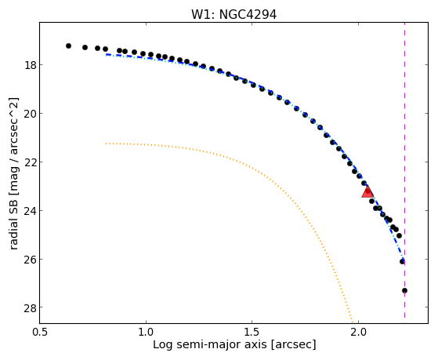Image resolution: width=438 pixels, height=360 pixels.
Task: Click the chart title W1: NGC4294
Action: (233, 15)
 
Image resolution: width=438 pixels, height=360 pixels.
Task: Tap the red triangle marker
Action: (367, 191)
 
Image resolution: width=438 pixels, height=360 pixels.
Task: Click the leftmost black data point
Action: (68, 45)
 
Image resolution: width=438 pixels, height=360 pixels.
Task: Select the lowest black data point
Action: (404, 291)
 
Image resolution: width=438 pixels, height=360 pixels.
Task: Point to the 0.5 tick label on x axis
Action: (40, 333)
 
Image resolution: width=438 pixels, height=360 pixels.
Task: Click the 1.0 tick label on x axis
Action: (146, 333)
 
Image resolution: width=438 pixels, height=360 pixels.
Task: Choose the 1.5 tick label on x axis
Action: (252, 333)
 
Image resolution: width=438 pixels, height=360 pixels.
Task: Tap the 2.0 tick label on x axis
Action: (358, 333)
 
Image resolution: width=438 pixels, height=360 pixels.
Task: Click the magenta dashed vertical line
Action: (404, 170)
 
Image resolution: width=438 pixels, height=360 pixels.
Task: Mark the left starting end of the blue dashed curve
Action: (106, 54)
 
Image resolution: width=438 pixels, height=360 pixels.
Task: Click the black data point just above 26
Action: (402, 262)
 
